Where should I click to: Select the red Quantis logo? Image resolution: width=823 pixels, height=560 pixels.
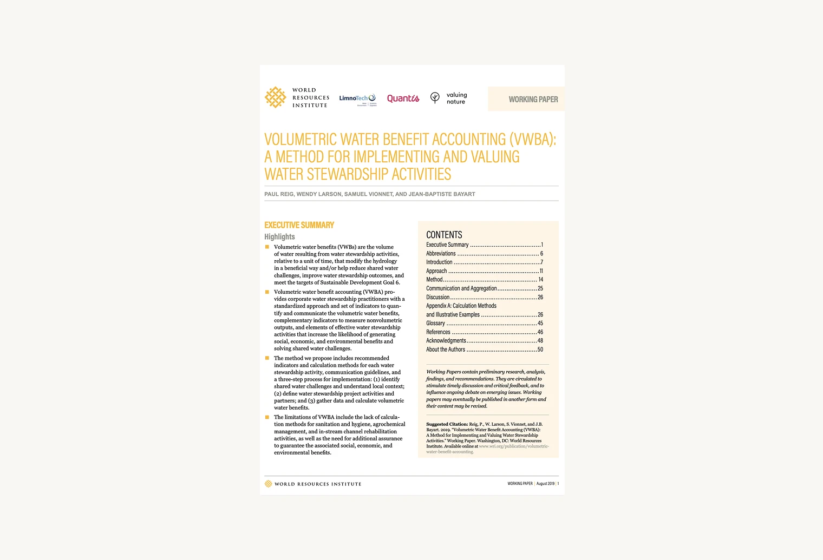pos(403,98)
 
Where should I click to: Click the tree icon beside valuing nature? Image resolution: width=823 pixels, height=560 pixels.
pos(435,97)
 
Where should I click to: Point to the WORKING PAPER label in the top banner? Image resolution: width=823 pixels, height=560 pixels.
pos(533,100)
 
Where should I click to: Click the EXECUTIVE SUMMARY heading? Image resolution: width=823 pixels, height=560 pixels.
pos(299,225)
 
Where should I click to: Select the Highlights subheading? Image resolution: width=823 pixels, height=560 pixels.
pos(279,237)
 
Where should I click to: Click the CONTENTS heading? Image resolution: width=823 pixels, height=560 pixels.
pos(444,235)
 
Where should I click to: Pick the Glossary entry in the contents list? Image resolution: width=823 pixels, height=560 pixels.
pos(435,324)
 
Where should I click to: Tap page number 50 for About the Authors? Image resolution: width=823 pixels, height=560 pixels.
pos(540,350)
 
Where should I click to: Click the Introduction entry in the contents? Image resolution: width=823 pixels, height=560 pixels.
pos(439,262)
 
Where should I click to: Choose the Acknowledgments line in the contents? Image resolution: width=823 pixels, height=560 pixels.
pos(446,341)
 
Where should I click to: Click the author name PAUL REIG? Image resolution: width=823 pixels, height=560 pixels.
pos(278,194)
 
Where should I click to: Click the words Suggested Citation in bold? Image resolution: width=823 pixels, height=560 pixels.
pos(447,424)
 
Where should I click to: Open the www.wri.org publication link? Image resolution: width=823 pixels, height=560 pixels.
pos(513,446)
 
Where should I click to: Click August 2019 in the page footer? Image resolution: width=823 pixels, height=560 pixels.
pos(545,484)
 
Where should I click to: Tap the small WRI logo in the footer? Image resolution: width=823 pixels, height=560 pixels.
pos(268,484)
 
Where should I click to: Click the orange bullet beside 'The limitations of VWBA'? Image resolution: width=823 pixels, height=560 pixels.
pos(267,417)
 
